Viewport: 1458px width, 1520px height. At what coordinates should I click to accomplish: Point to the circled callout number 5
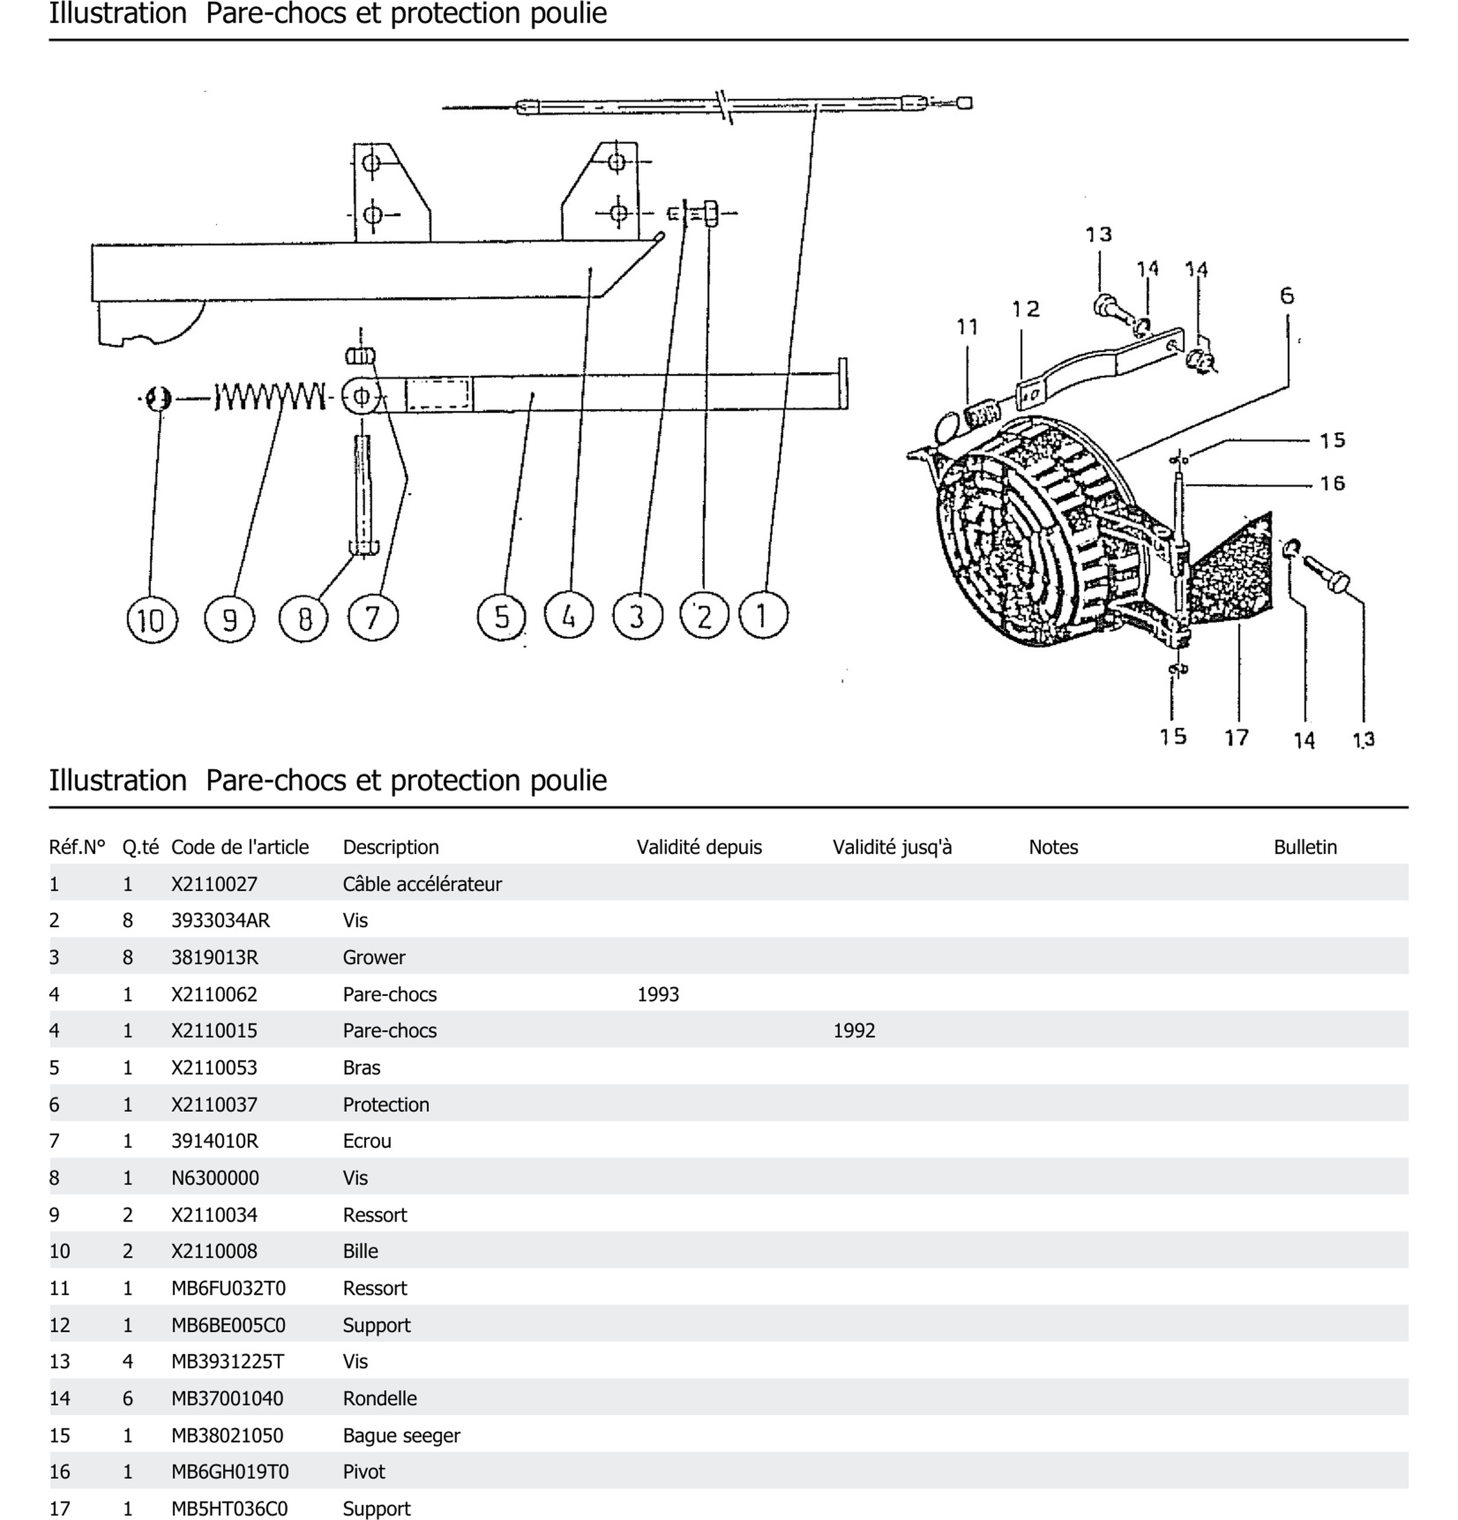pyautogui.click(x=502, y=617)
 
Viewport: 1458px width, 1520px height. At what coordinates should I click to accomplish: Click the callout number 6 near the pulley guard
pyautogui.click(x=1286, y=296)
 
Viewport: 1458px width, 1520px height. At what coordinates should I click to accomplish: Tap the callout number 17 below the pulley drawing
pyautogui.click(x=1236, y=737)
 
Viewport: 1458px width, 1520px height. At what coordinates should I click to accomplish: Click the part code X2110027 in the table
pyautogui.click(x=214, y=884)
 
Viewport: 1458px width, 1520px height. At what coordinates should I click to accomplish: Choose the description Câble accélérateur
pyautogui.click(x=422, y=884)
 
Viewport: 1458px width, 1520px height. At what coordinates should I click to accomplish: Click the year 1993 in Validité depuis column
pyautogui.click(x=658, y=994)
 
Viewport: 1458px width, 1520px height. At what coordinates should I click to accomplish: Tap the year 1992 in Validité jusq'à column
pyautogui.click(x=854, y=1031)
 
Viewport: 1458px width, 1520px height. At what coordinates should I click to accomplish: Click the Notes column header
pyautogui.click(x=1052, y=847)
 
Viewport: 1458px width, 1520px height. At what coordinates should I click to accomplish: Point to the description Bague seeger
pyautogui.click(x=401, y=1435)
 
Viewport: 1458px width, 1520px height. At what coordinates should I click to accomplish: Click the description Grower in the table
pyautogui.click(x=374, y=957)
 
